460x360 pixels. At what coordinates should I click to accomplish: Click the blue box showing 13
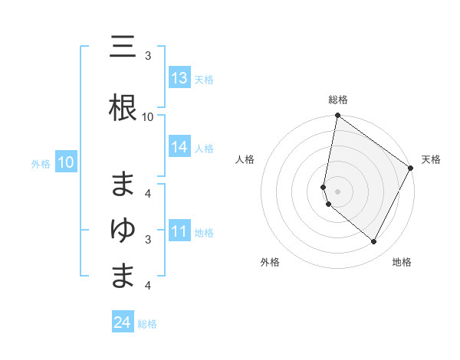coord(179,78)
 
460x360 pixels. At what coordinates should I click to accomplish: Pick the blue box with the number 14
coord(179,148)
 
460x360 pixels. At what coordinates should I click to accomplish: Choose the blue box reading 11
coord(179,232)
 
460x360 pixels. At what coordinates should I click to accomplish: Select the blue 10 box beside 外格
coord(66,162)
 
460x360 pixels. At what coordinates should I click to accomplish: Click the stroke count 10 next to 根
coord(148,117)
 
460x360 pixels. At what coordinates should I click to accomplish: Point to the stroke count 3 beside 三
coord(148,56)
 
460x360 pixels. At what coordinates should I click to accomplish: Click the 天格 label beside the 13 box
coord(204,79)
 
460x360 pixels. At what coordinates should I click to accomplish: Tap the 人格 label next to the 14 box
coord(204,149)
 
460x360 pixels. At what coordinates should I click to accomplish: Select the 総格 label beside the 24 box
coord(147,324)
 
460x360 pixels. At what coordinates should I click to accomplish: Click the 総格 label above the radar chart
coord(338,100)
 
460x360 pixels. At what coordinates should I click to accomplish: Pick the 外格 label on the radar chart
coord(270,263)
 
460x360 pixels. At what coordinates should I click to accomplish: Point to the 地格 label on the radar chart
coord(402,263)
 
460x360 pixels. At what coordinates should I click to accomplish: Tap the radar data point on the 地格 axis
coord(374,241)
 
